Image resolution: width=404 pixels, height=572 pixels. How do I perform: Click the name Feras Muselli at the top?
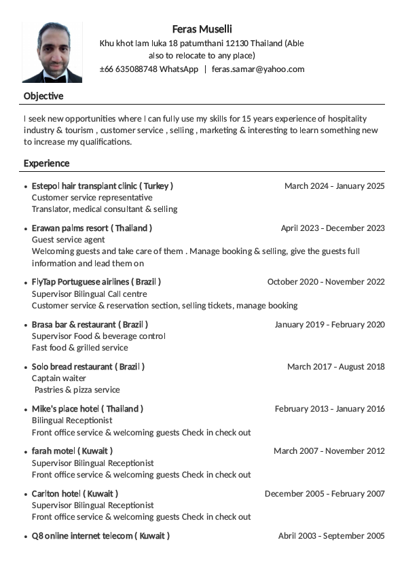tap(202, 29)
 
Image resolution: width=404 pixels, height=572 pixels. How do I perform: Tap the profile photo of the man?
tap(52, 52)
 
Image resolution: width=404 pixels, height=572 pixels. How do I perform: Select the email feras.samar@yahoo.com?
tap(258, 69)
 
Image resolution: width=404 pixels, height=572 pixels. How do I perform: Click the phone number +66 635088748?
tap(128, 69)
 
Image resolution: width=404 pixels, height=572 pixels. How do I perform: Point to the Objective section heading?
tap(43, 96)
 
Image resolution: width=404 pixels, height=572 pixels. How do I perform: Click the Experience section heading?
tap(46, 163)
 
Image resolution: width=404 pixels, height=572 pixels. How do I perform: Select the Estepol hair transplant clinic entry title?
tap(102, 185)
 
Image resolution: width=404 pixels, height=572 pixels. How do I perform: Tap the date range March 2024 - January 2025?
tap(334, 185)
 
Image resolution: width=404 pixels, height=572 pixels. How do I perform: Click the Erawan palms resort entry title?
tap(92, 228)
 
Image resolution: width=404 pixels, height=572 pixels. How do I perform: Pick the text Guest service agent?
tap(69, 239)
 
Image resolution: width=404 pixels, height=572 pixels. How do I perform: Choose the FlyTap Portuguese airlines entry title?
tap(96, 281)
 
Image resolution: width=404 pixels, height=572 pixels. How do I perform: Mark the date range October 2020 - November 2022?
tap(326, 281)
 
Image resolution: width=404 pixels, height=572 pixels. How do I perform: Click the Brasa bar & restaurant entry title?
tap(90, 324)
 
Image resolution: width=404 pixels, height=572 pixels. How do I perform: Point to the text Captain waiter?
tap(59, 378)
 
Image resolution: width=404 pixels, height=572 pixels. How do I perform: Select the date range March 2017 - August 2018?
tap(335, 366)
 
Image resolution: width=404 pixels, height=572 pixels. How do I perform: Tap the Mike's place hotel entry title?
tap(88, 408)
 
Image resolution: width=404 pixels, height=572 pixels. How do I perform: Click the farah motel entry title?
tap(72, 450)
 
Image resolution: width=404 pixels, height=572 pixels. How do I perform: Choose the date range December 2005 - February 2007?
tap(325, 493)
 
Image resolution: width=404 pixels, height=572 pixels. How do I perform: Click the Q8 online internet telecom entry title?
tap(100, 535)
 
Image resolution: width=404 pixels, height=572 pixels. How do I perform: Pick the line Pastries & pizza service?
tap(77, 389)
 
